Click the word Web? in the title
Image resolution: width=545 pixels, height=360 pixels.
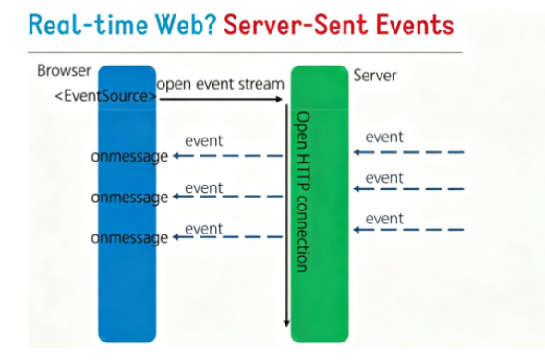186,24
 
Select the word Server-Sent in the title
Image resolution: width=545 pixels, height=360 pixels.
296,24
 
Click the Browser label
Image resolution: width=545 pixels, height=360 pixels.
64,70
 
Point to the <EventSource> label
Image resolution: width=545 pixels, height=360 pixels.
105,96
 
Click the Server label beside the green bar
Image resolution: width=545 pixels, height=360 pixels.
375,76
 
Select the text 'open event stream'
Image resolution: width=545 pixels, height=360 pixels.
221,84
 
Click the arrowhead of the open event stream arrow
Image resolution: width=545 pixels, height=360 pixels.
279,99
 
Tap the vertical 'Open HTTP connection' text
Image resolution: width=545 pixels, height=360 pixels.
302,191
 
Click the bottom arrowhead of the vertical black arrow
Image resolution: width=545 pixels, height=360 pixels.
286,323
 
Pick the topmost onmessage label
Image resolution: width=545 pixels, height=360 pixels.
129,157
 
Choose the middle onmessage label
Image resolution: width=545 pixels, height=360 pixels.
129,198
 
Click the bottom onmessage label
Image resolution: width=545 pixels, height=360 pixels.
129,238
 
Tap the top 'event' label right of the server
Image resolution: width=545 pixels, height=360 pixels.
384,137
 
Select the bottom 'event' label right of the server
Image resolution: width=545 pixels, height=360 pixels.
384,219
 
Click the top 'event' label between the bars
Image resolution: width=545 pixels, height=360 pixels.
203,140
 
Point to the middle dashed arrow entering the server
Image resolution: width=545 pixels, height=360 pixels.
408,189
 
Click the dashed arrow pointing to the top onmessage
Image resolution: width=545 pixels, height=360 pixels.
227,156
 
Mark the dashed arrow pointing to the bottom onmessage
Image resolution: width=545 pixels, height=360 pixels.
227,237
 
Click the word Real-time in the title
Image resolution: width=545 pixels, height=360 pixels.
88,24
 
